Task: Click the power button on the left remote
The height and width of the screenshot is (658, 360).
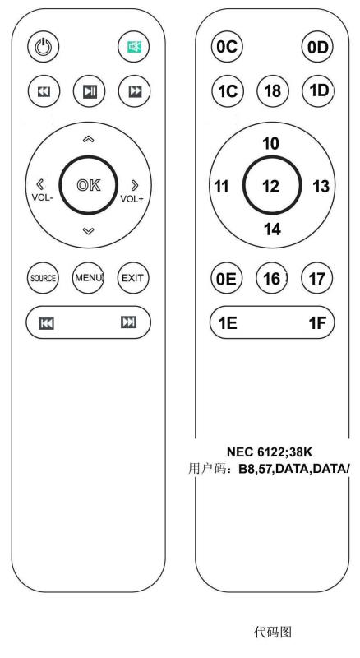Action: point(44,47)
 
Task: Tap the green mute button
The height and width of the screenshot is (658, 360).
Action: point(134,47)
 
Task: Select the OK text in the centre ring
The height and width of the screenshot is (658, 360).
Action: point(89,185)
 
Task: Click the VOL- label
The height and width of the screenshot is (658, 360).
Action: point(42,197)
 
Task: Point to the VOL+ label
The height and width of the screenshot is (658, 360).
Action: point(132,198)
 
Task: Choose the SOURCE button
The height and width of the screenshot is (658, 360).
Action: point(44,278)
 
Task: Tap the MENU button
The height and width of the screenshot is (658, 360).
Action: point(88,278)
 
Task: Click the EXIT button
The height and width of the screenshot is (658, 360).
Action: point(133,278)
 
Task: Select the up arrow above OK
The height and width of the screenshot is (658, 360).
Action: point(88,139)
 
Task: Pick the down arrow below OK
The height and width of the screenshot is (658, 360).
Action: point(88,230)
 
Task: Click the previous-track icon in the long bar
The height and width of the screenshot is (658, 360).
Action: point(46,323)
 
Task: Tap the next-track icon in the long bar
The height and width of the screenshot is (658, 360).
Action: point(128,322)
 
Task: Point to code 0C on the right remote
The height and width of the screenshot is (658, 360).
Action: point(227,47)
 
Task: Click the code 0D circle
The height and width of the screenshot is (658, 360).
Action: point(317,47)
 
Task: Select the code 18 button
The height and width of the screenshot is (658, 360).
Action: point(273,90)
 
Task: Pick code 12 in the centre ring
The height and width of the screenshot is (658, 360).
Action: point(270,186)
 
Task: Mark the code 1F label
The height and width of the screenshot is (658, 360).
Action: point(317,323)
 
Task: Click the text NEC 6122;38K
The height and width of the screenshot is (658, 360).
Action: point(270,452)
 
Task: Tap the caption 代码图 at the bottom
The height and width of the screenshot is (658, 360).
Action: point(272,631)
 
